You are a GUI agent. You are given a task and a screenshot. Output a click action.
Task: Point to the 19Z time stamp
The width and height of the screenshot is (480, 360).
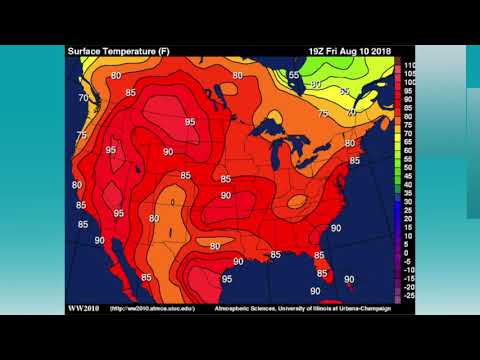(x=318, y=50)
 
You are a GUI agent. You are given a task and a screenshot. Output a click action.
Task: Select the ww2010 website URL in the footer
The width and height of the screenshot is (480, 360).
(x=149, y=308)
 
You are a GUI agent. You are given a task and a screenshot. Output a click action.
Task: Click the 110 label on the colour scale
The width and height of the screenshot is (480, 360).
(x=410, y=63)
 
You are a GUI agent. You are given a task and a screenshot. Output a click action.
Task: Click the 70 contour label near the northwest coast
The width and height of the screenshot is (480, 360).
(x=82, y=98)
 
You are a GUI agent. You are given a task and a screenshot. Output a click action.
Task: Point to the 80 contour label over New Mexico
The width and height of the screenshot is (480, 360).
(x=154, y=218)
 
